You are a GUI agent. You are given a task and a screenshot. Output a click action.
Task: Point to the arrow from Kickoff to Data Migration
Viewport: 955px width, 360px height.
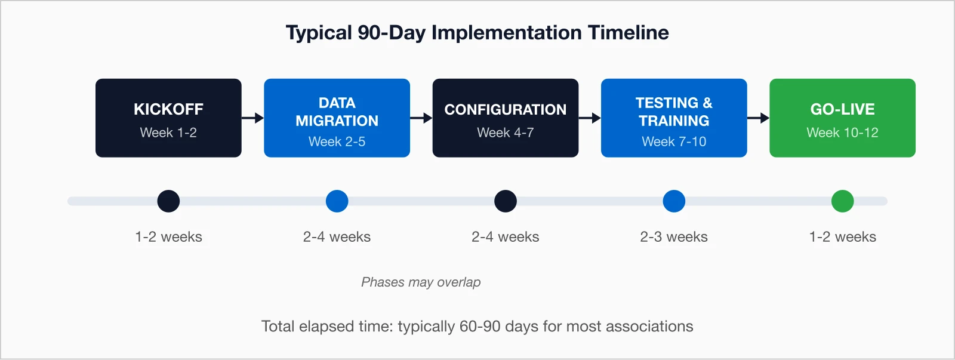click(253, 118)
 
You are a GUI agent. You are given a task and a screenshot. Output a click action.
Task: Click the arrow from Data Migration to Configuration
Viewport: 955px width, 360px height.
click(421, 118)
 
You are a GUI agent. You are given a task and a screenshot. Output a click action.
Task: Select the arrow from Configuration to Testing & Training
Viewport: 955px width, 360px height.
click(590, 118)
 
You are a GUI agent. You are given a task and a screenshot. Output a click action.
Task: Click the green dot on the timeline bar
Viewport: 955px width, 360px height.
click(842, 201)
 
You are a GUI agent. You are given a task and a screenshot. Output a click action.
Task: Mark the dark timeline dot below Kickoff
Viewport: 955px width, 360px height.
click(168, 201)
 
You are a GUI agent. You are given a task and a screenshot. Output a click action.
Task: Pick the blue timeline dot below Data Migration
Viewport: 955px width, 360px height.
click(337, 201)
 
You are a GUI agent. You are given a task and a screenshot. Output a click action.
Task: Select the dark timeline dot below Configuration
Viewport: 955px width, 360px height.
click(505, 201)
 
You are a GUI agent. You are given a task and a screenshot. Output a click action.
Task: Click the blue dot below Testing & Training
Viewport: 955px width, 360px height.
click(674, 201)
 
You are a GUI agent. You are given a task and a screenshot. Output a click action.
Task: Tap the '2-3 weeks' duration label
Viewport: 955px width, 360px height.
click(674, 237)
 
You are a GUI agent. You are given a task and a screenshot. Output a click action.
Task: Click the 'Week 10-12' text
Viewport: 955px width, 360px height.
click(842, 133)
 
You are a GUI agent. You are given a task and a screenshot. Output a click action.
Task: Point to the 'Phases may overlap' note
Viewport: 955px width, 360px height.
click(421, 282)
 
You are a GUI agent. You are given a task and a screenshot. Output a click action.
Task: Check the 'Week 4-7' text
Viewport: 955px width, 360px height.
click(505, 133)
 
